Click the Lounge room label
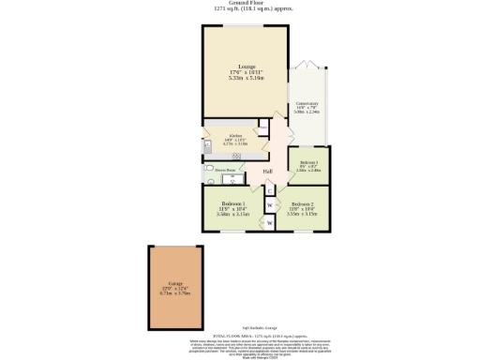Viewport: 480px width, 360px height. click(247, 67)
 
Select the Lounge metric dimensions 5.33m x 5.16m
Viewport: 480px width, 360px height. click(247, 78)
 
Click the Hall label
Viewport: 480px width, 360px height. click(267, 172)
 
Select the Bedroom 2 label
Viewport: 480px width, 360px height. click(302, 203)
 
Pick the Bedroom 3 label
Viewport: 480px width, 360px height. click(308, 161)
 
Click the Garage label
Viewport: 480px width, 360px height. click(174, 282)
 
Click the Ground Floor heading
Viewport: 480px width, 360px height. click(240, 3)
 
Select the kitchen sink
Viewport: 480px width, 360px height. click(206, 145)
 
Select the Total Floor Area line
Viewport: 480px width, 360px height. click(240, 334)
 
